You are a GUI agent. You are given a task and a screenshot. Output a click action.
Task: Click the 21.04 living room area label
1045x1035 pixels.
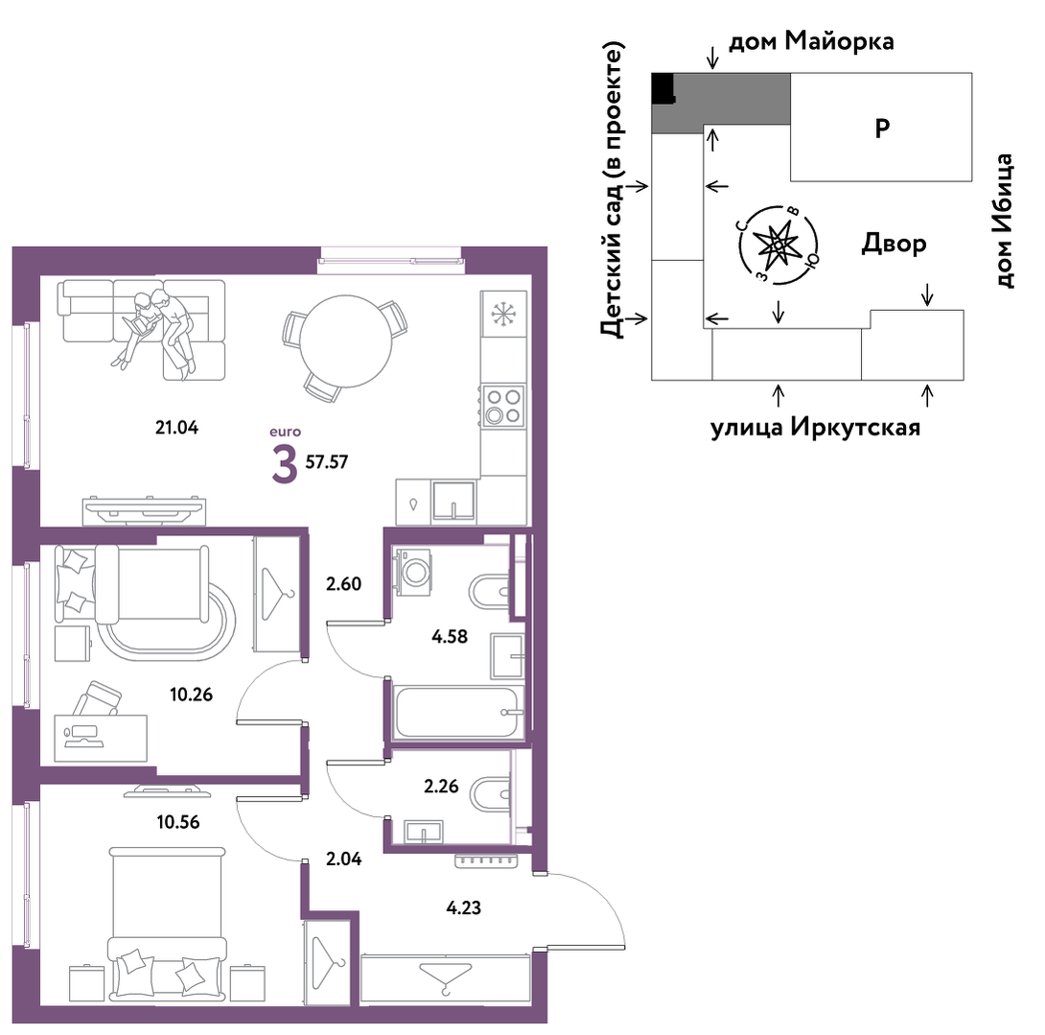(x=176, y=428)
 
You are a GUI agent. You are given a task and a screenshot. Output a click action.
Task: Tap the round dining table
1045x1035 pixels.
(x=345, y=341)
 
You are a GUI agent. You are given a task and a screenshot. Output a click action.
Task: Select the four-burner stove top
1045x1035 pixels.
(x=503, y=406)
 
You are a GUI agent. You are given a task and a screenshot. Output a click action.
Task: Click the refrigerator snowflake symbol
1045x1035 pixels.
(x=503, y=314)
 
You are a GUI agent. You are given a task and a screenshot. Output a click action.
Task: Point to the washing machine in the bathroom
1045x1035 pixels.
(x=412, y=572)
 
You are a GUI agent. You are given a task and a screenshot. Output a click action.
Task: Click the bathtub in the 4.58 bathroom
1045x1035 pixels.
(x=455, y=713)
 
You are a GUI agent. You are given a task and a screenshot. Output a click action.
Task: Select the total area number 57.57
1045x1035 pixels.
(x=327, y=461)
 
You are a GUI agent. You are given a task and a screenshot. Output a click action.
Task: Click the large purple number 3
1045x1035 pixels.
(x=285, y=465)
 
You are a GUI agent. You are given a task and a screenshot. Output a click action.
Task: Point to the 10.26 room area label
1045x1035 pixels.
(x=192, y=694)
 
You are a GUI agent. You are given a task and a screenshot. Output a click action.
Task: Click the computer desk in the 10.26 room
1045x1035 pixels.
(x=101, y=738)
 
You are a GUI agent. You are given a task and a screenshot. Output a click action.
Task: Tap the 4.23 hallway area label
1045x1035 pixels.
(x=463, y=907)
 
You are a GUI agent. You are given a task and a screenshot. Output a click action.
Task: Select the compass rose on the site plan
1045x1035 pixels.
(x=778, y=245)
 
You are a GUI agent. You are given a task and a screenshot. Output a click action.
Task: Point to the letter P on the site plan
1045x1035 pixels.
(x=882, y=128)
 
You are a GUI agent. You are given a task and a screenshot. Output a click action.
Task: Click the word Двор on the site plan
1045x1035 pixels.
(x=894, y=244)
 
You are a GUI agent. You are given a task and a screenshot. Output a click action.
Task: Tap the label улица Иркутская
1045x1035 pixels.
(x=815, y=427)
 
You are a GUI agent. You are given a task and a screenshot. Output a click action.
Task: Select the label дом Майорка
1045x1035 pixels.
(x=811, y=40)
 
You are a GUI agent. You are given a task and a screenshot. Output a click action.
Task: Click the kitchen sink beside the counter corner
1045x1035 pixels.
(x=453, y=500)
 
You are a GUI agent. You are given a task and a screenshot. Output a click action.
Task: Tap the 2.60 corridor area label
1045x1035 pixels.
(x=343, y=583)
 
